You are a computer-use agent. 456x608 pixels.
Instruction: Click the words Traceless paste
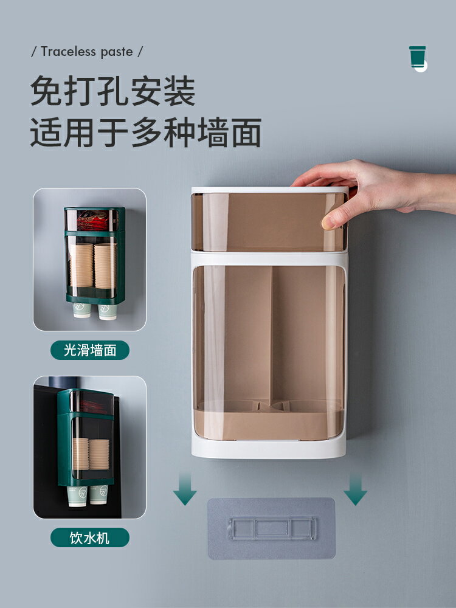(87, 52)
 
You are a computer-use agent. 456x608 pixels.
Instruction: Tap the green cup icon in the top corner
(418, 57)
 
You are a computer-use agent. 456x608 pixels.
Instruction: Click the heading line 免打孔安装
(113, 92)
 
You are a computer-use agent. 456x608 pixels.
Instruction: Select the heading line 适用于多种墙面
(146, 133)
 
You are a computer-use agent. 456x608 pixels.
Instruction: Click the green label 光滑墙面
(90, 350)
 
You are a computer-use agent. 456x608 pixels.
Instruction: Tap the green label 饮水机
(90, 537)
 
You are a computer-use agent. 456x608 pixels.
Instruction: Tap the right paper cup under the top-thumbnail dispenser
(108, 311)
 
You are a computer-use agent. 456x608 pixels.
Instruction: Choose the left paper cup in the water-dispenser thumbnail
(78, 496)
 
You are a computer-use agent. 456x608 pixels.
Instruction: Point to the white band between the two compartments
(269, 258)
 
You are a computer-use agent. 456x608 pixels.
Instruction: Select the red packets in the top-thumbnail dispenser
(91, 219)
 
